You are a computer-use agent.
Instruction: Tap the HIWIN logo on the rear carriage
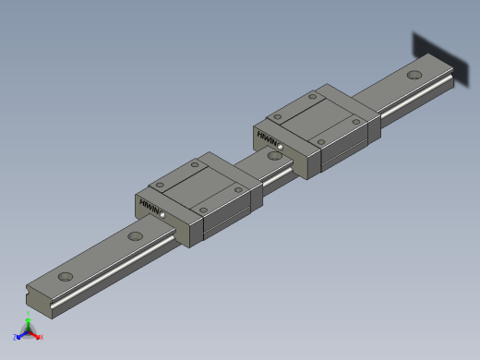(268, 141)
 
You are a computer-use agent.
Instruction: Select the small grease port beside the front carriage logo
(163, 214)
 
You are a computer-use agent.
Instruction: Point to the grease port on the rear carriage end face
(281, 149)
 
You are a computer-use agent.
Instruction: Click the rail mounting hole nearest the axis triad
(66, 277)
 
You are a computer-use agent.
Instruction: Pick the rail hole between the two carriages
(273, 155)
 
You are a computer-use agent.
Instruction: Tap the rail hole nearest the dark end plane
(414, 75)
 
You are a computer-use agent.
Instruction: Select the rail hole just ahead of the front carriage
(136, 237)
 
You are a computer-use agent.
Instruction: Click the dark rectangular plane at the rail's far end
(434, 57)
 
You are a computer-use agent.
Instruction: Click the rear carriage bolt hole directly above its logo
(274, 117)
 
